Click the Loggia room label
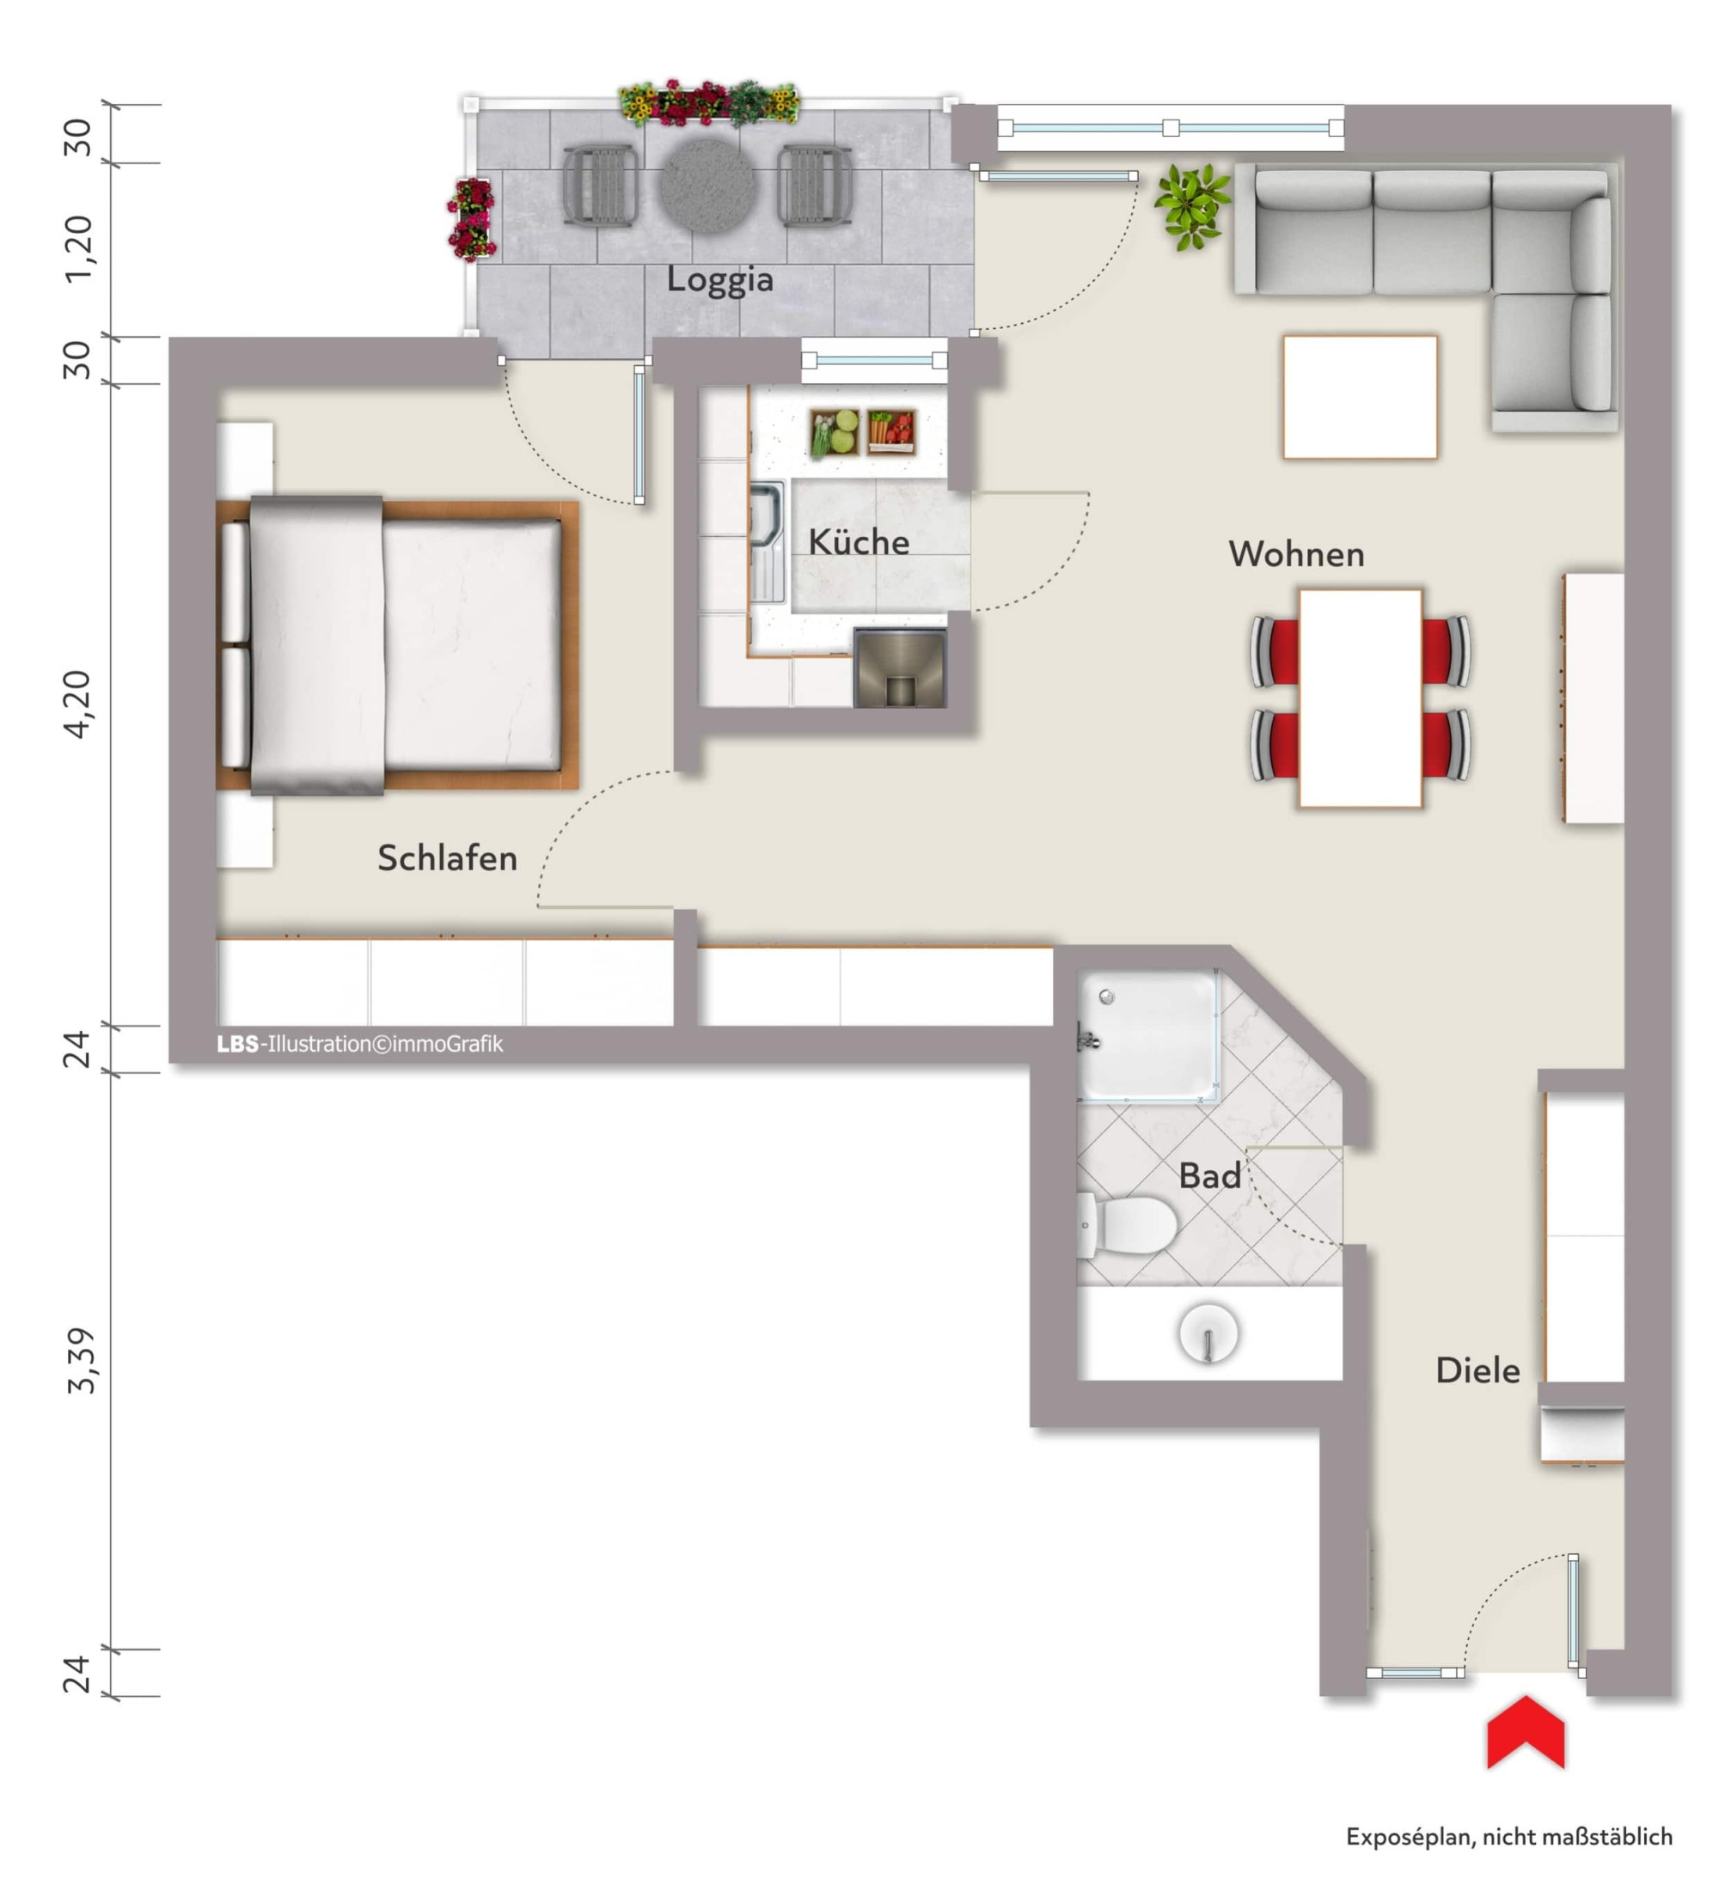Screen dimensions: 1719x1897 click(719, 279)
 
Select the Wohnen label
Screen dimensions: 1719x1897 click(1295, 554)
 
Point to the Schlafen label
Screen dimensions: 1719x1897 click(447, 857)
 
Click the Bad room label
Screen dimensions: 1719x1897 click(1208, 1175)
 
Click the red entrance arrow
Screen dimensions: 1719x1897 click(1525, 1732)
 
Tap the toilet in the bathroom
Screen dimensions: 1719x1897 click(1127, 1224)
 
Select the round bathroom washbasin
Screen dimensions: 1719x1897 click(1208, 1333)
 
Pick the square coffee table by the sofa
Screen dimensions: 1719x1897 click(1360, 397)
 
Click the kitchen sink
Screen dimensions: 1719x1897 click(768, 542)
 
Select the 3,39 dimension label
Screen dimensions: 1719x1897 click(81, 1360)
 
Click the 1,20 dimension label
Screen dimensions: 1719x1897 click(79, 248)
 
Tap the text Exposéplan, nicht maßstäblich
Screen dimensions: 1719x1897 click(1508, 1837)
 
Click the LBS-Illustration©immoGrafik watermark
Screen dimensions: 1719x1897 click(359, 1044)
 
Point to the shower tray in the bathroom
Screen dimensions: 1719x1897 click(1147, 1035)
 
